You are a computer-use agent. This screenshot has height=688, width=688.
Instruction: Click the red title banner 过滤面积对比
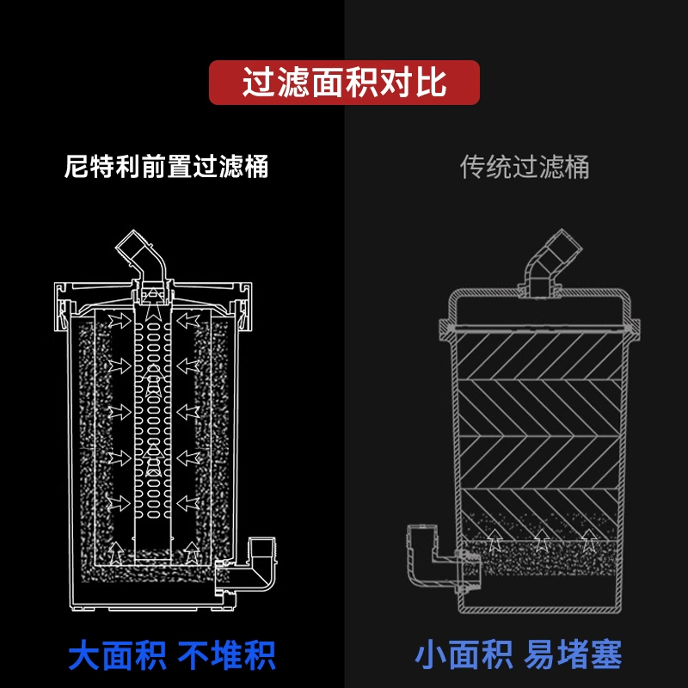(344, 83)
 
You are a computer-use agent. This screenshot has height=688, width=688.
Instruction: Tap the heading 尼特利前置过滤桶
(167, 165)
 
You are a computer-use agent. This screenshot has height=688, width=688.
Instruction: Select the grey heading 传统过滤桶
(525, 166)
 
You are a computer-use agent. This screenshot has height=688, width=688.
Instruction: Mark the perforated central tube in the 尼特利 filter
(154, 413)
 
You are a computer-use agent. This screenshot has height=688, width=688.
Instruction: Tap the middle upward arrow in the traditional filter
(541, 540)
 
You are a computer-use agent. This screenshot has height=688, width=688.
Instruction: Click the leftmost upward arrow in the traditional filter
(494, 540)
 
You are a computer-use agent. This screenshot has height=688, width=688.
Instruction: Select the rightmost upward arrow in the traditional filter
(588, 540)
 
